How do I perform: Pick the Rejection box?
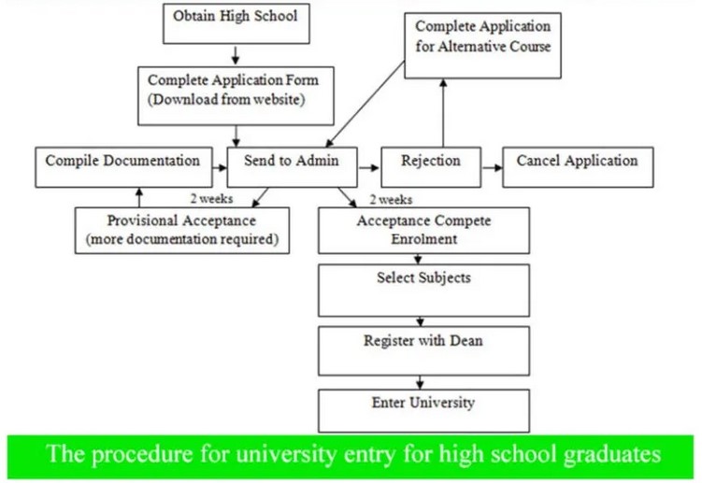(430, 166)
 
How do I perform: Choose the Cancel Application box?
(577, 166)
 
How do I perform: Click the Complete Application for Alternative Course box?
(482, 45)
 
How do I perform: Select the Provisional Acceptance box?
(181, 229)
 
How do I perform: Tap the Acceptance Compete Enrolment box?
(423, 230)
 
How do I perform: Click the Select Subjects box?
(423, 290)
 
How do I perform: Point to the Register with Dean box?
(423, 349)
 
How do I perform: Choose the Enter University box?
(423, 409)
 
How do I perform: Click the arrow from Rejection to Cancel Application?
(492, 167)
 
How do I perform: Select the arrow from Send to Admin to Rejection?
(369, 168)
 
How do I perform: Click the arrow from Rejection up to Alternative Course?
(444, 112)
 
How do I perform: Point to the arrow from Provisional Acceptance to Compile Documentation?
(139, 195)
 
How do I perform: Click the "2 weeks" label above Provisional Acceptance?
(210, 198)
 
